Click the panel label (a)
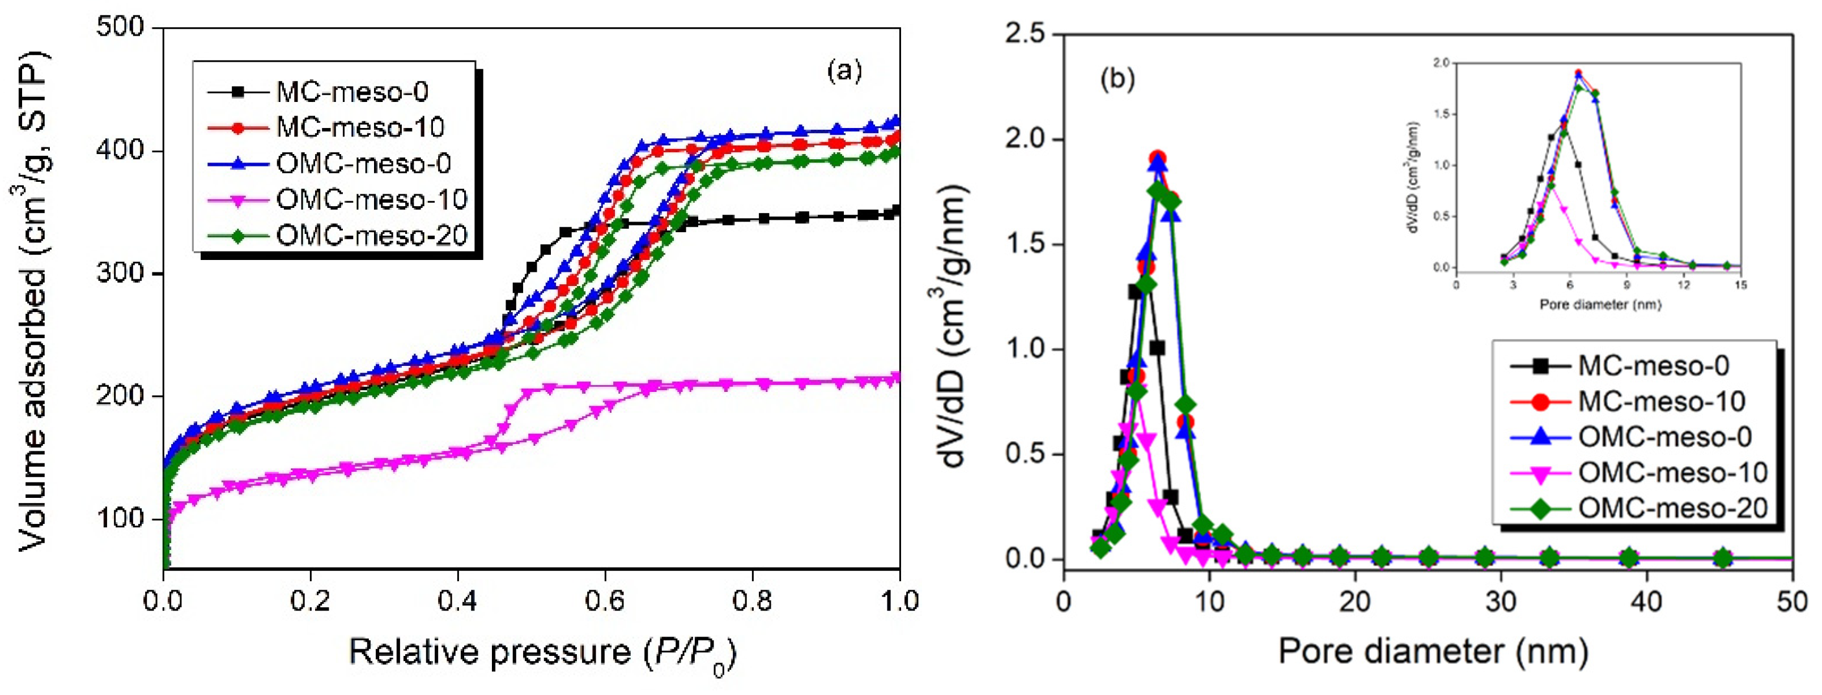click(844, 71)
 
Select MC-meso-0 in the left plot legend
click(351, 92)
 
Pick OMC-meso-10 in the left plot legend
click(371, 199)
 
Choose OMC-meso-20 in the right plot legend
click(1673, 508)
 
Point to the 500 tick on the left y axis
click(120, 28)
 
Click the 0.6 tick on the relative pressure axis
click(605, 602)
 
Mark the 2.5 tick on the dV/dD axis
click(1025, 33)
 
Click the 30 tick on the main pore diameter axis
click(1501, 602)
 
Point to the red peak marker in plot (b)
click(1157, 159)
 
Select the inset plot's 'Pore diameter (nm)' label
click(1600, 305)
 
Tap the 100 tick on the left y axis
click(120, 518)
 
